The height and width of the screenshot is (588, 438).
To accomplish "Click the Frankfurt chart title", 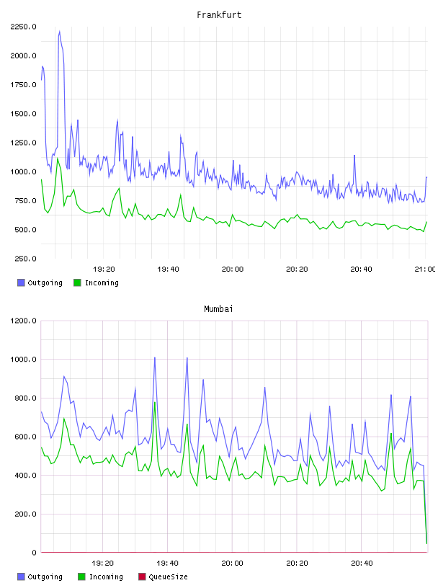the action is click(219, 15).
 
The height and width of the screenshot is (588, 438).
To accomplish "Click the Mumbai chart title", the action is click(218, 309).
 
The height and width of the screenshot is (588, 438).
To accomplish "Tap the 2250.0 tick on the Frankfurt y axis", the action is click(23, 27).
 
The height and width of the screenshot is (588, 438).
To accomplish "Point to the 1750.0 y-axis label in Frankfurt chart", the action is click(23, 85).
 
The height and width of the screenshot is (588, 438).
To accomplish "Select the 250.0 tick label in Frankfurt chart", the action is click(25, 259).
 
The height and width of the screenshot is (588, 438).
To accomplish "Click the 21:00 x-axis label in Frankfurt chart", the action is click(425, 269).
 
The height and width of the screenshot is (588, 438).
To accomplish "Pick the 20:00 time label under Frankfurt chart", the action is click(233, 269).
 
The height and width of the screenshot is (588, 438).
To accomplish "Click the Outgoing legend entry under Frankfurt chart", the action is click(40, 282).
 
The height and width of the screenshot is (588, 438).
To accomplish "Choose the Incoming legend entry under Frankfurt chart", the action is click(96, 282).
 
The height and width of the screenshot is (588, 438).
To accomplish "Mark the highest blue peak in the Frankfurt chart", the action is click(59, 32).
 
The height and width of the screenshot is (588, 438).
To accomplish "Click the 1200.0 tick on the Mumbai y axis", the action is click(23, 321).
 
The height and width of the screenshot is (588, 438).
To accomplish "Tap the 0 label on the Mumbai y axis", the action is click(34, 553).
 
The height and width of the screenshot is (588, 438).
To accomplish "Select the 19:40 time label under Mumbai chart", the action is click(167, 563).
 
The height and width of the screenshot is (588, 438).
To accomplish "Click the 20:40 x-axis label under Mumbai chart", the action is click(362, 563).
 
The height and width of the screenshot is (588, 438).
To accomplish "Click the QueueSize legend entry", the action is click(163, 576).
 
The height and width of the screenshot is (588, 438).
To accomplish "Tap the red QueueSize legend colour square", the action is click(142, 576).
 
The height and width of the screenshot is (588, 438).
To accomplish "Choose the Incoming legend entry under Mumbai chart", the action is click(100, 576).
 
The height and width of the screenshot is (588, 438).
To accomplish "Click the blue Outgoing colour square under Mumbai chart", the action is click(21, 576).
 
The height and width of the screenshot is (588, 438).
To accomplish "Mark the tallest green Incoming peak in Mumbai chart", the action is click(155, 403).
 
